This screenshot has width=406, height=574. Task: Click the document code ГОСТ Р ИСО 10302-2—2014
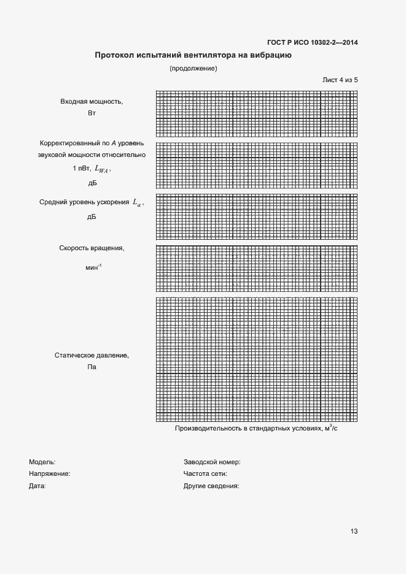coord(313,42)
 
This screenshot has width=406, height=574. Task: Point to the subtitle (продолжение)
coord(193,68)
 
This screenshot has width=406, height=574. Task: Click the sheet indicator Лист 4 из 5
coord(340,80)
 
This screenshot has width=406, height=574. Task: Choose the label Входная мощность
coord(92,101)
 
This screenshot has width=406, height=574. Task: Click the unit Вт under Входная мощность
coord(92,113)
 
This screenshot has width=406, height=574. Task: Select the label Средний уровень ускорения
coord(85,202)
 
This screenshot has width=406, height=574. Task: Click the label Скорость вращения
coord(92,248)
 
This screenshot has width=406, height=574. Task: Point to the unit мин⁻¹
coord(94,268)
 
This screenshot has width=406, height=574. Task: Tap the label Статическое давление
coord(92,355)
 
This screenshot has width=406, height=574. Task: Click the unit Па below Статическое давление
coord(92,367)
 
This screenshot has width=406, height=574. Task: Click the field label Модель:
coord(42,462)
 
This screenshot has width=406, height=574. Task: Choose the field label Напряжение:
coord(50,473)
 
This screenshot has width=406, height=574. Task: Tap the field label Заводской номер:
coord(212,462)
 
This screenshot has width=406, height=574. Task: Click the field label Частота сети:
coord(206,473)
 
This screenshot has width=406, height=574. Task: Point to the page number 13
coord(354,531)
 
